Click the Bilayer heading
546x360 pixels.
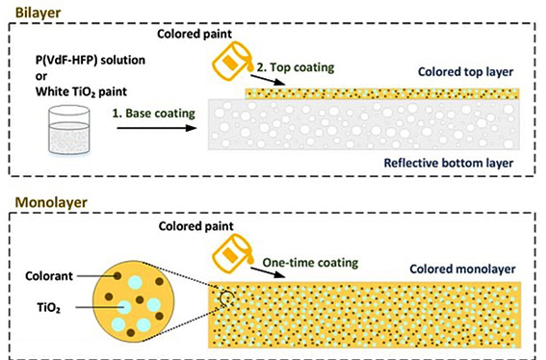tap(38, 13)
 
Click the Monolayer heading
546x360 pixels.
tap(51, 202)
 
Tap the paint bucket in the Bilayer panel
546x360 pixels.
tap(232, 61)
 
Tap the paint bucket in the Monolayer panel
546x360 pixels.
tap(232, 253)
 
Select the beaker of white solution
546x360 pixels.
tap(69, 130)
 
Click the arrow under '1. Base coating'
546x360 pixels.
tap(157, 128)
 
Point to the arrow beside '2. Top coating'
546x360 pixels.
tap(268, 80)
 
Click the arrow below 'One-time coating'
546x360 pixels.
tap(268, 272)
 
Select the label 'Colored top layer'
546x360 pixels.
tap(465, 72)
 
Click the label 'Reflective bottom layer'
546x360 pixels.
tap(449, 163)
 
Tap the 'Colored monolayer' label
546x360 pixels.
tap(462, 270)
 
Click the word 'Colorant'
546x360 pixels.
tap(49, 276)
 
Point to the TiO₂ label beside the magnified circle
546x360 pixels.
tap(49, 308)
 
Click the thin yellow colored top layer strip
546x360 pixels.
tap(382, 93)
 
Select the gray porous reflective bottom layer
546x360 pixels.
tap(364, 124)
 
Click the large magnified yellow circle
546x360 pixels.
tap(134, 301)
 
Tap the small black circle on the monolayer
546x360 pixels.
tap(226, 298)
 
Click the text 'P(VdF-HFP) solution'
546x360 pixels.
tap(91, 61)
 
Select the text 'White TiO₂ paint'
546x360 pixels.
tap(81, 91)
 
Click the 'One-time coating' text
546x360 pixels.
tap(310, 263)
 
